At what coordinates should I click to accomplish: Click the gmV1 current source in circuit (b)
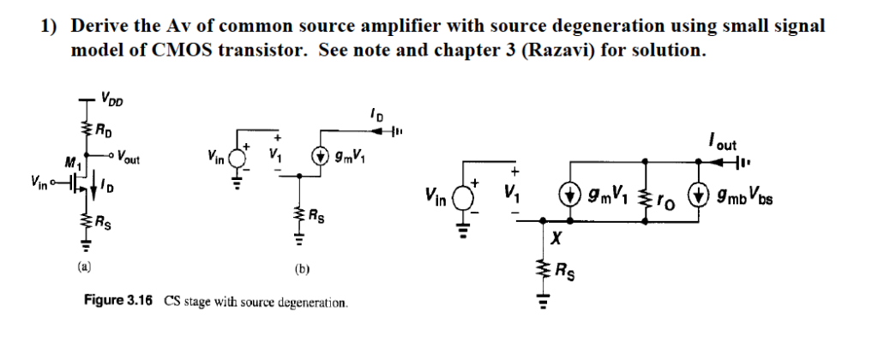click(x=321, y=158)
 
